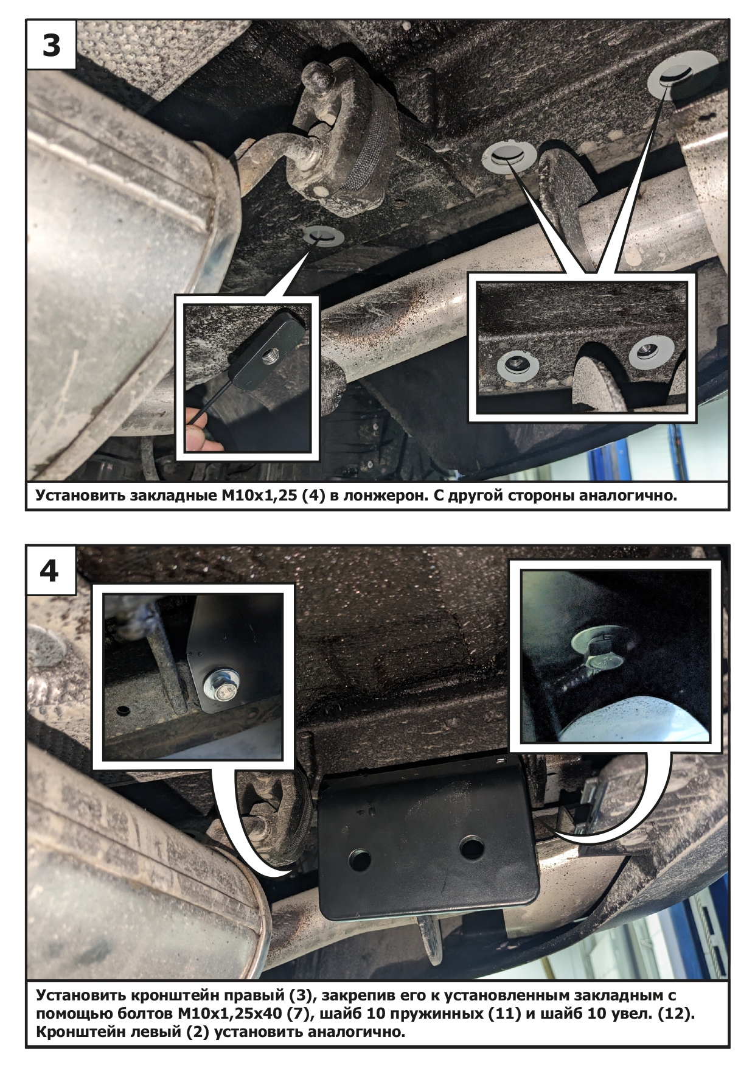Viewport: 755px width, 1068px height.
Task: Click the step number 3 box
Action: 51,45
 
